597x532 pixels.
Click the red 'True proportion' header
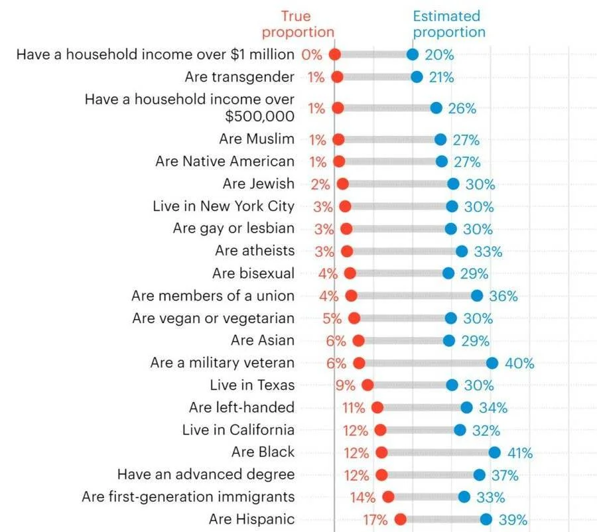click(298, 24)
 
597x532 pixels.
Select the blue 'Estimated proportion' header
click(449, 24)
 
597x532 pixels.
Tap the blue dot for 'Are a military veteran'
click(492, 363)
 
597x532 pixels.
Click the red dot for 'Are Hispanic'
click(400, 519)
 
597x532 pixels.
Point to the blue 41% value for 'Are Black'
click(520, 453)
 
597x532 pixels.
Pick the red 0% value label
click(312, 55)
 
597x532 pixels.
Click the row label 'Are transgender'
click(239, 77)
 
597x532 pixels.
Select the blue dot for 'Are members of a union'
click(477, 295)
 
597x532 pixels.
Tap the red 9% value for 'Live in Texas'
click(345, 385)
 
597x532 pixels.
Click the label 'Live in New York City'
click(224, 206)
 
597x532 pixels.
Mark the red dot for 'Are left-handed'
click(377, 407)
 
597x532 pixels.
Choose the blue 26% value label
click(462, 109)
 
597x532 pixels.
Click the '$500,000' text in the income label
click(259, 116)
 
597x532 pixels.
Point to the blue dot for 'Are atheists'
click(462, 251)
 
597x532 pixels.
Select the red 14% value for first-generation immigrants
click(363, 498)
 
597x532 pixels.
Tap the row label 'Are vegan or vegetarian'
click(213, 318)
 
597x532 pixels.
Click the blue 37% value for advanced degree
click(505, 475)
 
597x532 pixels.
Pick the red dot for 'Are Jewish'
click(343, 184)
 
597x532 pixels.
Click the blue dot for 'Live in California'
click(460, 430)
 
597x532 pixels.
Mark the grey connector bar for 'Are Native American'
click(390, 161)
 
